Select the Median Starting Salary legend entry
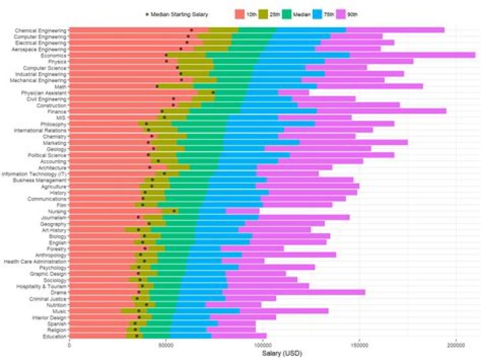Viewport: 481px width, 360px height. (177, 13)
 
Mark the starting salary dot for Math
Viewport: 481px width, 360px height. (158, 86)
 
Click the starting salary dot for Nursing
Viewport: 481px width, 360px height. (174, 211)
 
